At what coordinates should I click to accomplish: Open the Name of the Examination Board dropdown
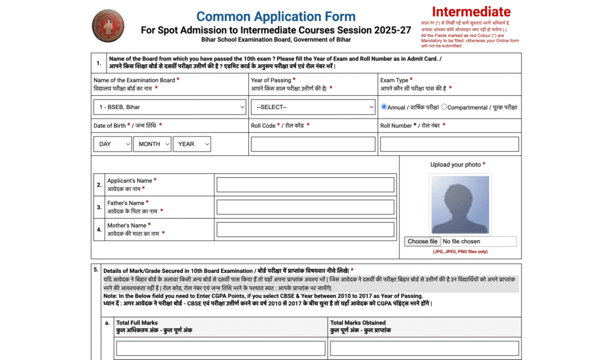click(x=170, y=107)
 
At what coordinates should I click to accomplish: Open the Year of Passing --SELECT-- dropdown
click(x=313, y=107)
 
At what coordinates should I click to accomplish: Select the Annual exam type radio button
click(x=384, y=107)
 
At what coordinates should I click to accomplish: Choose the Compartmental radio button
click(x=444, y=107)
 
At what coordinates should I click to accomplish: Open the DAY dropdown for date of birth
click(x=113, y=144)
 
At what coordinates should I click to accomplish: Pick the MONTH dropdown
click(x=152, y=144)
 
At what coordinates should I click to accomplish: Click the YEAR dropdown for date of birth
click(x=192, y=144)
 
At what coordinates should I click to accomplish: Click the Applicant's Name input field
click(x=305, y=184)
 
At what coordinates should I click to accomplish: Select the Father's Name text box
click(x=305, y=207)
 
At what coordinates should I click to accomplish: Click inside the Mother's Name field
click(x=305, y=229)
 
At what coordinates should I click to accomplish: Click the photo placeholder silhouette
click(x=460, y=204)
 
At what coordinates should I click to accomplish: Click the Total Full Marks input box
click(x=221, y=348)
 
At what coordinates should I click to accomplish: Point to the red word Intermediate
click(x=471, y=12)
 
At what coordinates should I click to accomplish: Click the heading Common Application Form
click(x=276, y=17)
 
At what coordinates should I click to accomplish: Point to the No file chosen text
click(x=462, y=241)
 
